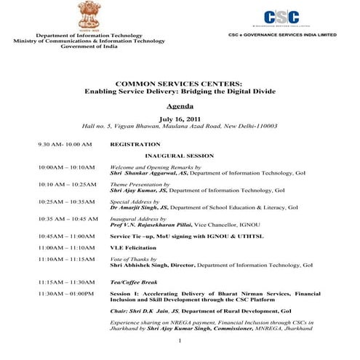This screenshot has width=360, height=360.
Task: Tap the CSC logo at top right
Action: click(x=281, y=18)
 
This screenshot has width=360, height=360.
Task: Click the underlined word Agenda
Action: click(x=179, y=105)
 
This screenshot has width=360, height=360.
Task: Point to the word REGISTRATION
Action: click(x=135, y=144)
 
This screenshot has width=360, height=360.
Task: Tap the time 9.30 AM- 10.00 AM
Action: click(x=65, y=144)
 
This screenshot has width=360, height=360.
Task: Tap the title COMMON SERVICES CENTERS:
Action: click(x=179, y=84)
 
